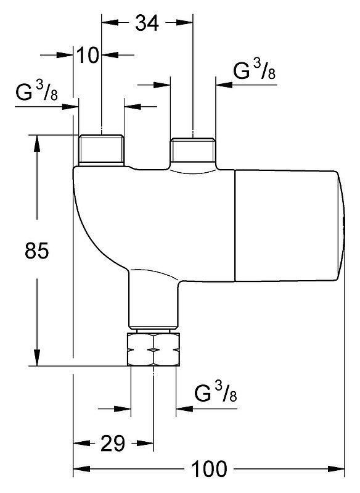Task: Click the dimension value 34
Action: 147,23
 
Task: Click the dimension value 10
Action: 88,55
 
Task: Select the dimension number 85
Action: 37,251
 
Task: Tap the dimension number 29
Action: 113,443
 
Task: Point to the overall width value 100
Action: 209,469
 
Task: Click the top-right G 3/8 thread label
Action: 254,70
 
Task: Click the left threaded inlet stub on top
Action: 101,150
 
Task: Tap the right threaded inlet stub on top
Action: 193,151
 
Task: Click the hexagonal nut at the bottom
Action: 153,350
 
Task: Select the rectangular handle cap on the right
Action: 289,225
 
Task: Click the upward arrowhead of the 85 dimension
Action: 37,143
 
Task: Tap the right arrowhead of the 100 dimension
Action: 337,469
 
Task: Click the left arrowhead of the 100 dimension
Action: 81,469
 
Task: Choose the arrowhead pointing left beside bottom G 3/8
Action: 184,409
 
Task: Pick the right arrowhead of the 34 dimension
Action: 184,23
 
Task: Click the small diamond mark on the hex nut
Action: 153,350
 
